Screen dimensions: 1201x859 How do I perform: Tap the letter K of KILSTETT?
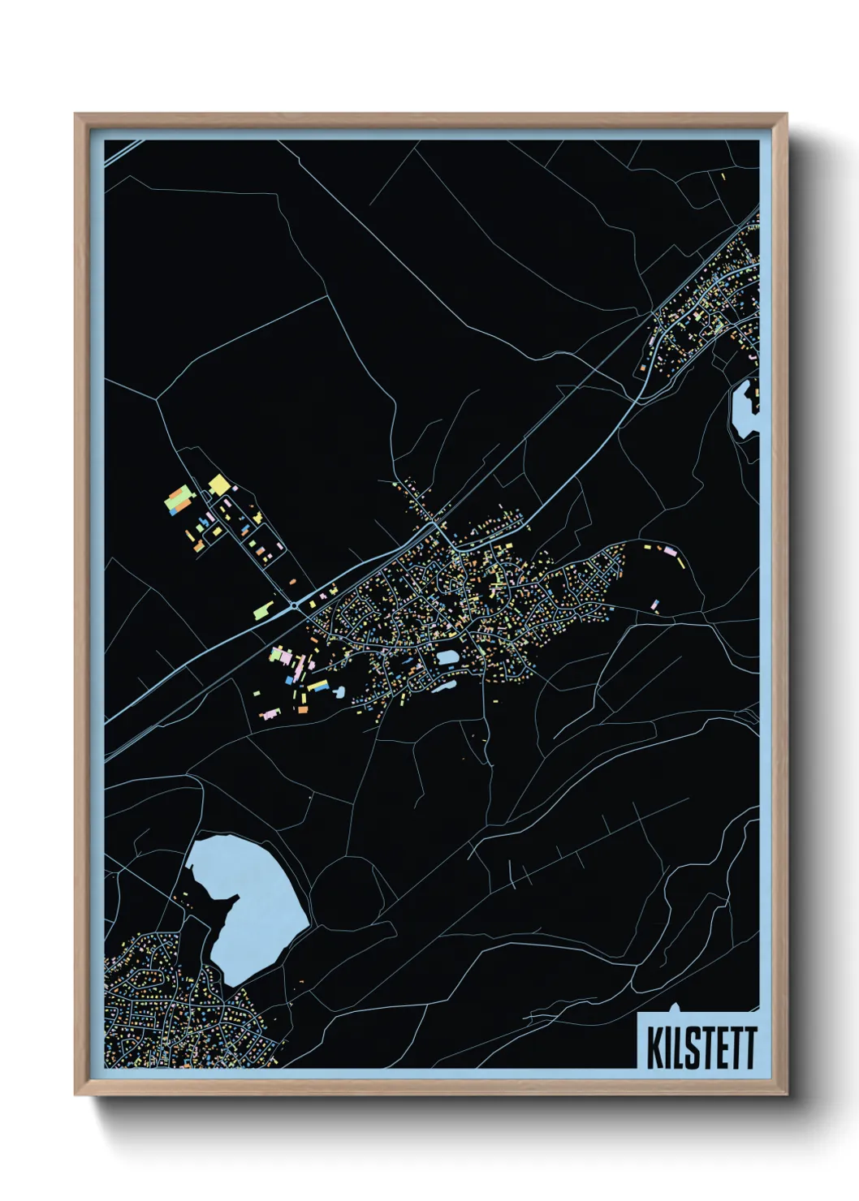point(654,1048)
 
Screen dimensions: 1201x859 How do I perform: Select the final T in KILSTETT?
point(749,1048)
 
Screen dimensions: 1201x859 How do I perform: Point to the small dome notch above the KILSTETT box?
point(675,1009)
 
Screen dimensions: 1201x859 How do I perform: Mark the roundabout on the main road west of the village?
point(293,605)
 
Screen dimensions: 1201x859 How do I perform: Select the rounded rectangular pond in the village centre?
point(447,656)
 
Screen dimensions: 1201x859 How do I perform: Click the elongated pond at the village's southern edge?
point(443,687)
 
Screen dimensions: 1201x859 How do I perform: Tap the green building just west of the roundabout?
point(264,609)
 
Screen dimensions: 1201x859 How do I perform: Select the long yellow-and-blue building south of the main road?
point(317,687)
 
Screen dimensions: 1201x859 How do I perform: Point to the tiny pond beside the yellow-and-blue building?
point(339,692)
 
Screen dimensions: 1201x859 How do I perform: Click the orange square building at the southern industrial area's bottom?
point(303,710)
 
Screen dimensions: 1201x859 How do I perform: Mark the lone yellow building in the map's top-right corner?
point(723,175)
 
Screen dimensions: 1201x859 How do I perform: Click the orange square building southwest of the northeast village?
point(641,368)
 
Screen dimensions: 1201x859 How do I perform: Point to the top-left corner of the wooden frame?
point(76,114)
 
